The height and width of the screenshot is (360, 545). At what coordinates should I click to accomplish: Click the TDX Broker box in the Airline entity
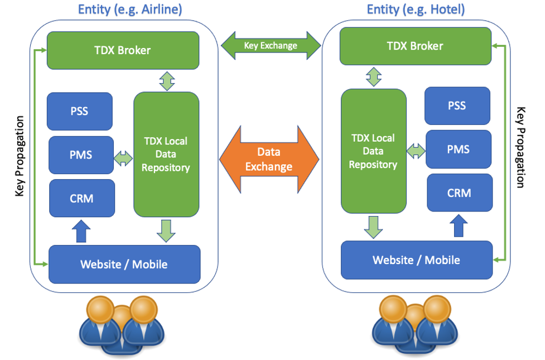pos(122,50)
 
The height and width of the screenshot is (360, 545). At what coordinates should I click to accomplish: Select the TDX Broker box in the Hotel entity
pos(415,45)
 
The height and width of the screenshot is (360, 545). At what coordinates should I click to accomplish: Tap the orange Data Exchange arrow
pos(269,159)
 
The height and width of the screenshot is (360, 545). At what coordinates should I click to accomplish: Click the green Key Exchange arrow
pos(270,45)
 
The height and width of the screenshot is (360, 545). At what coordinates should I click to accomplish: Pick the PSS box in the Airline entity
pos(79,111)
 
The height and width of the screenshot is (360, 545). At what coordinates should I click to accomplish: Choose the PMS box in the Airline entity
pos(81,155)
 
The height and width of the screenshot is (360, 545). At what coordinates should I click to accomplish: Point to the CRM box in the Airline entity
pos(82,198)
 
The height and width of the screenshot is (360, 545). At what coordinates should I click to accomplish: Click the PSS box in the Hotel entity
pos(457,105)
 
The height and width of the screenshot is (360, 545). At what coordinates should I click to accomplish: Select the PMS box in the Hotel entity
pos(458,149)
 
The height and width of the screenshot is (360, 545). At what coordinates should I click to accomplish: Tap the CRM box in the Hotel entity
pos(459,193)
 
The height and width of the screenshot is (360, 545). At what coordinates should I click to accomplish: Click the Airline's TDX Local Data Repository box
pos(166,154)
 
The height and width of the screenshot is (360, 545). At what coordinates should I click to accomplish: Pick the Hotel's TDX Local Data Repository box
pos(373,151)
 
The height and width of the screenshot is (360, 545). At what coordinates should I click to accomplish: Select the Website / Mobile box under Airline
pos(124,264)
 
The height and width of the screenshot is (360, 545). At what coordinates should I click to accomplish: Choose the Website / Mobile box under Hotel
pos(416,260)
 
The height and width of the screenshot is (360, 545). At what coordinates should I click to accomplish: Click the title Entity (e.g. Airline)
pos(130,9)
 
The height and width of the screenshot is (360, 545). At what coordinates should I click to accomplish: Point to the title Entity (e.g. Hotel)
pos(416,9)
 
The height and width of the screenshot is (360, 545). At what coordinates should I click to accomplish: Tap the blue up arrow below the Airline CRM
pos(81,231)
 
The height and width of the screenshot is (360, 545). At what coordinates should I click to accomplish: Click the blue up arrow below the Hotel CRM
pos(459,226)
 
